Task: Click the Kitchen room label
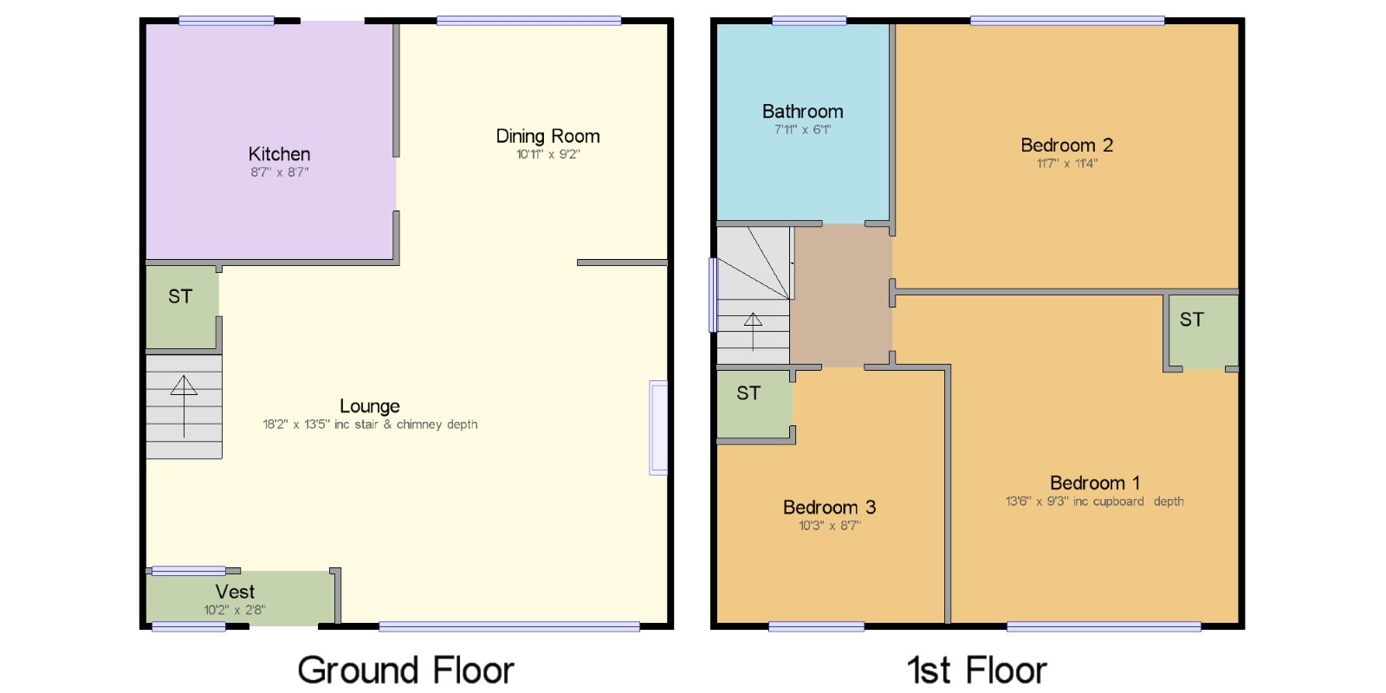point(279,153)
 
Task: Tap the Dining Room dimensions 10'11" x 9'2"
point(548,154)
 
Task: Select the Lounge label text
point(370,406)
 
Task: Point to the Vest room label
point(235,591)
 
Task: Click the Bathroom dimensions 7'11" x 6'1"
point(802,129)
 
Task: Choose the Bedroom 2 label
point(1067,145)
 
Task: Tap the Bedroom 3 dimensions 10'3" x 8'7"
point(830,525)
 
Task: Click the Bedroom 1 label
point(1095,483)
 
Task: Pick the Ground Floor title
point(406,670)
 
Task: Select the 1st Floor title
point(977,670)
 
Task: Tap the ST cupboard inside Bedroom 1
point(1203,332)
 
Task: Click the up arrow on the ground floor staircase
point(184,406)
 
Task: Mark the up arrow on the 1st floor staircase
point(753,332)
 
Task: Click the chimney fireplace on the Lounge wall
point(658,428)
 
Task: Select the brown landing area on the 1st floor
point(841,295)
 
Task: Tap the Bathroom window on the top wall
point(809,21)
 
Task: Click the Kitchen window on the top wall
point(226,21)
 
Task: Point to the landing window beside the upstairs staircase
point(713,295)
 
